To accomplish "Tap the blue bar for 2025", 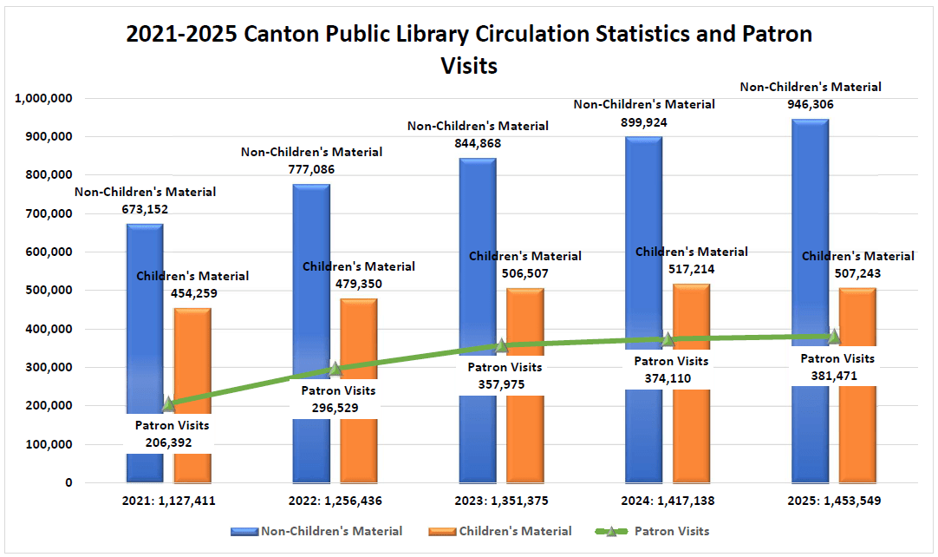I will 810,217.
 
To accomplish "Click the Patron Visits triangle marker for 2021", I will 169,404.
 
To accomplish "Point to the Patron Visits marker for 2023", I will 501,345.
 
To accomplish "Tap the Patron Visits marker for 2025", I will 834,337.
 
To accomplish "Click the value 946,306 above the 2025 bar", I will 810,103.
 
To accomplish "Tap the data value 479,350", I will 358,283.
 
